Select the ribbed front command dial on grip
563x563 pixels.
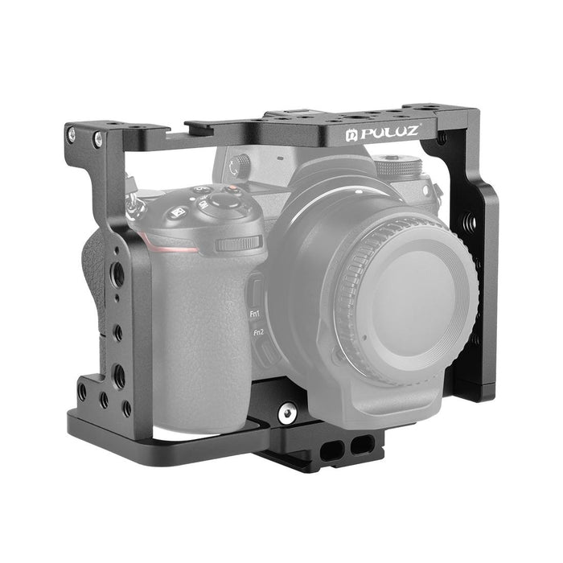240,243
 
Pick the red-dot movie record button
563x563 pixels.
229,191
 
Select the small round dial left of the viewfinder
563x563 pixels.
234,166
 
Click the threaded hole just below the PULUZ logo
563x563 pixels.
442,138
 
